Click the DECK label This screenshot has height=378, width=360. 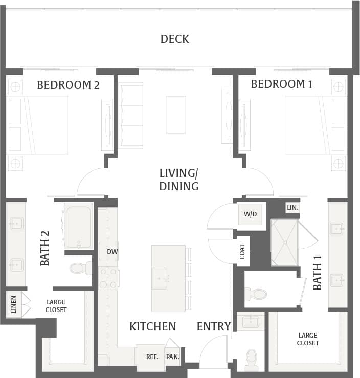(x=174, y=39)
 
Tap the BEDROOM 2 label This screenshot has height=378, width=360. (x=68, y=85)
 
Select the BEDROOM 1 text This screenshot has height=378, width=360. (x=281, y=84)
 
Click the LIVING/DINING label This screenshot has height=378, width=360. (x=178, y=180)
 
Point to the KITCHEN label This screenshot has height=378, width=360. (x=152, y=326)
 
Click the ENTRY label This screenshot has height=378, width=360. (x=213, y=326)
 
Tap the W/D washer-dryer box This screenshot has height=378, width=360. (x=250, y=214)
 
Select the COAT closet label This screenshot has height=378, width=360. (x=242, y=251)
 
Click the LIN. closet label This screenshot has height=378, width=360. (x=292, y=208)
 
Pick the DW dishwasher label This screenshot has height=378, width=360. (x=112, y=251)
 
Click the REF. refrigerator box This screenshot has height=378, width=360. (x=151, y=357)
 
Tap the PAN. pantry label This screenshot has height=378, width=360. (x=173, y=357)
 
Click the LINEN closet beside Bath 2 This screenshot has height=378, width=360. (x=14, y=304)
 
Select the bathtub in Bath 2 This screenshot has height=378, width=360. (x=79, y=226)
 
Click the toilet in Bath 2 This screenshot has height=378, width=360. (x=80, y=268)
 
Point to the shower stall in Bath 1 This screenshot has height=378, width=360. (x=284, y=242)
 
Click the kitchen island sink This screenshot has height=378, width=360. (x=159, y=278)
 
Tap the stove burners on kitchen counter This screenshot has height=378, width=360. (x=108, y=278)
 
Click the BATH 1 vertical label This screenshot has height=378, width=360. (x=318, y=277)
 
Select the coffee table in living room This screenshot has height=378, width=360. (x=176, y=115)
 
